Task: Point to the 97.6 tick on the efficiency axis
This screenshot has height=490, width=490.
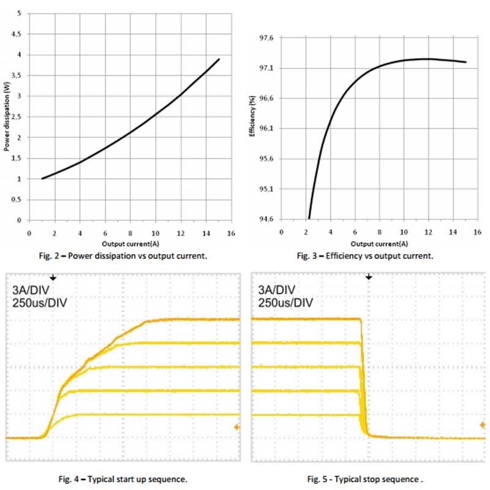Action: [x=267, y=38]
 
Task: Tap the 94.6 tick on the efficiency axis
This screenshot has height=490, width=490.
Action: [x=267, y=219]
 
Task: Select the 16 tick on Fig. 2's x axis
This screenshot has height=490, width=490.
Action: [x=232, y=233]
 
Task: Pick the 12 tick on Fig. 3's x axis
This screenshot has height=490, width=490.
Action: [x=429, y=233]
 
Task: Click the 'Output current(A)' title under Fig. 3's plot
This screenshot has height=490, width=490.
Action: [x=374, y=243]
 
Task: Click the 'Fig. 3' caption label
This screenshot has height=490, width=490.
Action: [x=318, y=255]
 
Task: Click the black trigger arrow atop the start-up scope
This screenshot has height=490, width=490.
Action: [x=53, y=277]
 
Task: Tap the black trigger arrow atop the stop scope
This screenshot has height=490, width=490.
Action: [x=369, y=277]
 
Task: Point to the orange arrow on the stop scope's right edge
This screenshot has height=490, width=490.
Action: [x=482, y=424]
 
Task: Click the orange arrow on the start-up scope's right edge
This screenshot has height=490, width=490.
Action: [x=236, y=426]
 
